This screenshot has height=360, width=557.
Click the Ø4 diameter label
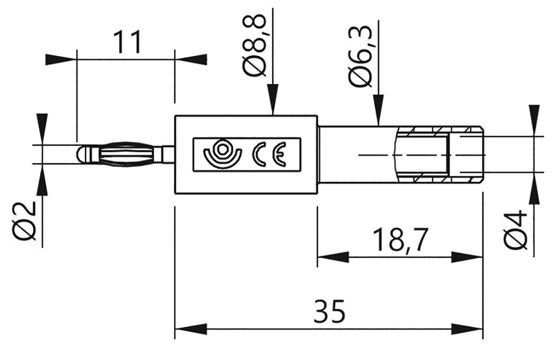[x=516, y=231]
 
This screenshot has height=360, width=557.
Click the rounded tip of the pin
[x=82, y=154]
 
